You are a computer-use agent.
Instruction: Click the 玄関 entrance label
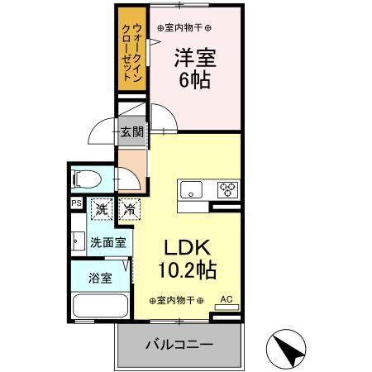pos(131,131)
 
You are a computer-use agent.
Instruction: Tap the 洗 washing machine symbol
pos(101,210)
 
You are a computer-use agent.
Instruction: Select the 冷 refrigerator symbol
pos(129,210)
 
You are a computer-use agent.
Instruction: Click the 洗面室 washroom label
pos(108,243)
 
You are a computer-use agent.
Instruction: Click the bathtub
pos(99,305)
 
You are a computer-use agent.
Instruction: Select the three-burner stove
pos(227,189)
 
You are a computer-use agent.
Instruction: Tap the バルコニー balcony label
pos(180,343)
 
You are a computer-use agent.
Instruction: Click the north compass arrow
pos(291,348)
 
